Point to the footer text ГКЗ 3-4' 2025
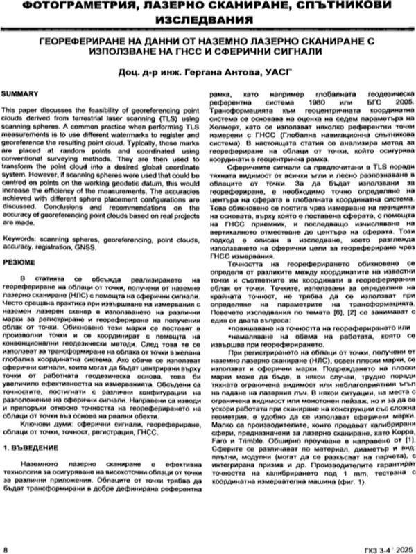tap(382, 548)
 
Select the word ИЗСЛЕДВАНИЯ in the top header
tap(208, 23)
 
